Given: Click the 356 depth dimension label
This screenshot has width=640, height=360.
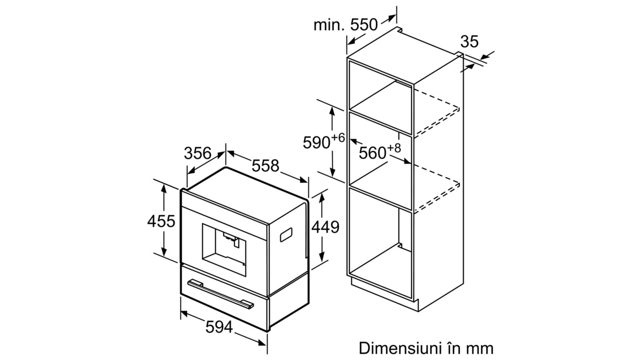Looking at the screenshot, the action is (198, 153).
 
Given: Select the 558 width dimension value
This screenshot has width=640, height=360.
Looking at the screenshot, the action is (265, 166).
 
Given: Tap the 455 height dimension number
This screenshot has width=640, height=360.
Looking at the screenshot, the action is (161, 221).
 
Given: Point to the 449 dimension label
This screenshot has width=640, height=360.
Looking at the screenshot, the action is (326, 227).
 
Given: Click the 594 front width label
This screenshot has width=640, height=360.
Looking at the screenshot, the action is (219, 327).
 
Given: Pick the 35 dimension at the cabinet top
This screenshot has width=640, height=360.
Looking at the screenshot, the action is (470, 42).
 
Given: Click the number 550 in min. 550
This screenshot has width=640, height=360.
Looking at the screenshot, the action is (364, 25).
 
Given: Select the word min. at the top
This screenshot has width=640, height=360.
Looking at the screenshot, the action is (329, 25).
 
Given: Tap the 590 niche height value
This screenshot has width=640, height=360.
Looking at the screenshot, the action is (316, 142).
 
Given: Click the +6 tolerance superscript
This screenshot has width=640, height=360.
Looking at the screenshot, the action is (338, 138).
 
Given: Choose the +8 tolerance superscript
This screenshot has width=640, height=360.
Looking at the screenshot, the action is (394, 148).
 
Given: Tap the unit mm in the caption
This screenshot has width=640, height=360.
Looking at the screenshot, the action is (480, 349).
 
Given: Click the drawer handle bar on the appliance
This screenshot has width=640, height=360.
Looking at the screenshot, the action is (220, 294).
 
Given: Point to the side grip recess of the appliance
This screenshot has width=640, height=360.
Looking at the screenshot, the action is (286, 234).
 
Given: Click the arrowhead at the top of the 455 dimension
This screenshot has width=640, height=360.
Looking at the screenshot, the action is (164, 188).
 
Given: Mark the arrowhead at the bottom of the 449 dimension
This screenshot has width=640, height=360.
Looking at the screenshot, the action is (322, 258).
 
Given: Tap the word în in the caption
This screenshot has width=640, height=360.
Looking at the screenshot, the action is (452, 348).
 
